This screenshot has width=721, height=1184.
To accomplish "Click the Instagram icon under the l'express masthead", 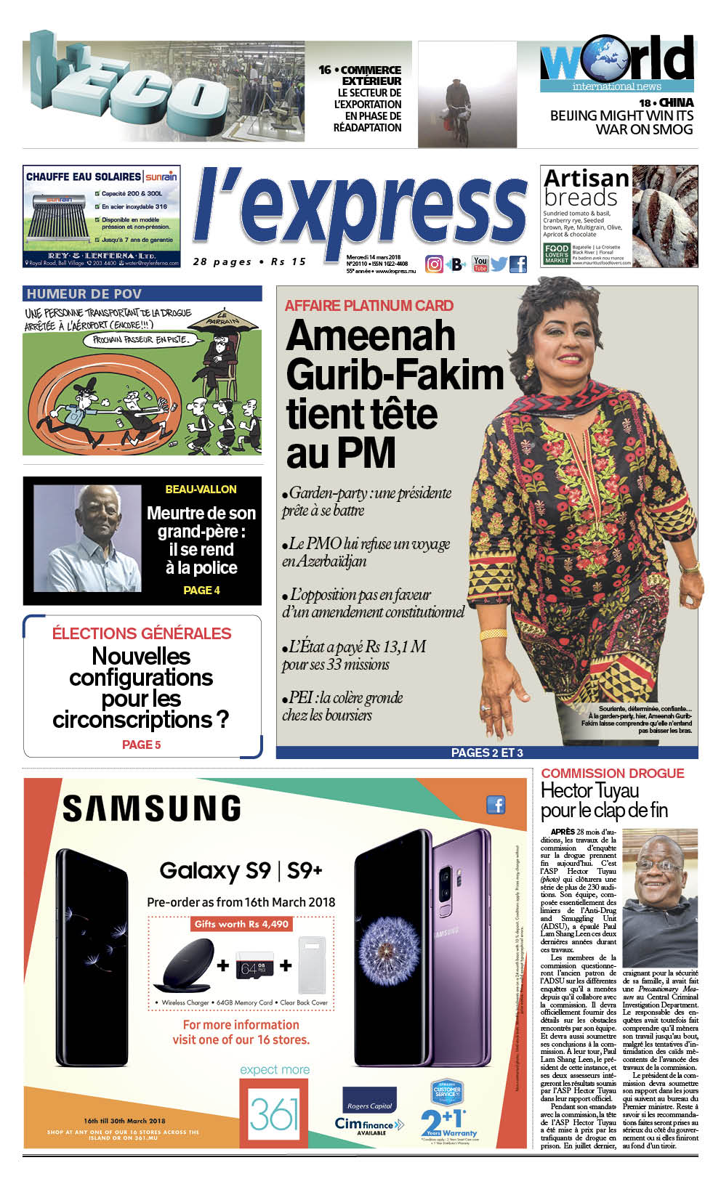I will point(434,264).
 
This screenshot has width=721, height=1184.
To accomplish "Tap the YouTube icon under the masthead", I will point(480,264).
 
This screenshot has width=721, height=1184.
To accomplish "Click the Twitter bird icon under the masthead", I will point(499,264).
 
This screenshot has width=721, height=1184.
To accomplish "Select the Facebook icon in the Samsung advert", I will point(496,805).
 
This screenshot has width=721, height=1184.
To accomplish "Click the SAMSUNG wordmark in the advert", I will point(151,808).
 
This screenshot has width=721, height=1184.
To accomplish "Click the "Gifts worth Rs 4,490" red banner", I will point(241,924).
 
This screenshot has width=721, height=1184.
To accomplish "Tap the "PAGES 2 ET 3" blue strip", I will point(487,753).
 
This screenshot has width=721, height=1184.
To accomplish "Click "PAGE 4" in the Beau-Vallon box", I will point(201,591).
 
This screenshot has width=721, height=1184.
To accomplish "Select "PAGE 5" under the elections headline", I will point(142,745).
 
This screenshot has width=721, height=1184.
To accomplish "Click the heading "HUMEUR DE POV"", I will point(84,293).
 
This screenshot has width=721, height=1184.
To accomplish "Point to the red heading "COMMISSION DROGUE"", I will point(613,774).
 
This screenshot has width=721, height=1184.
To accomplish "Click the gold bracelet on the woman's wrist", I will point(494,633).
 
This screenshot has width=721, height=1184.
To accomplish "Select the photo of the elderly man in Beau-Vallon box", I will point(88,538).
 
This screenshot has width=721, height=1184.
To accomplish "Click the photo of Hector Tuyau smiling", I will point(660,897).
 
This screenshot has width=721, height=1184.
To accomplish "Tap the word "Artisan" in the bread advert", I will point(587,178).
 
